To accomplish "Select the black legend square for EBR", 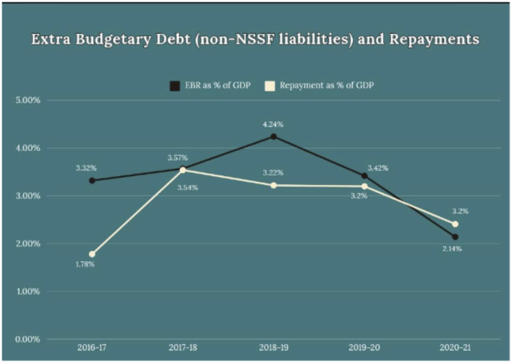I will click(175, 86).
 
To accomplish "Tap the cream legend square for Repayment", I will click(269, 86).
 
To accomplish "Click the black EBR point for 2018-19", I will click(273, 137).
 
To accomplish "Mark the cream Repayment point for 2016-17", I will click(92, 254).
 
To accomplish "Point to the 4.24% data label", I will click(273, 125).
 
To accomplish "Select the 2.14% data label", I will click(451, 249).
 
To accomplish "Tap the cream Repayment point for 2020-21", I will click(455, 224).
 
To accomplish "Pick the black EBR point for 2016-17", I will click(92, 180).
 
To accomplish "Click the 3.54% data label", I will click(187, 188).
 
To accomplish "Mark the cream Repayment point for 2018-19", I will click(273, 185).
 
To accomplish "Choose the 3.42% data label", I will click(378, 168).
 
